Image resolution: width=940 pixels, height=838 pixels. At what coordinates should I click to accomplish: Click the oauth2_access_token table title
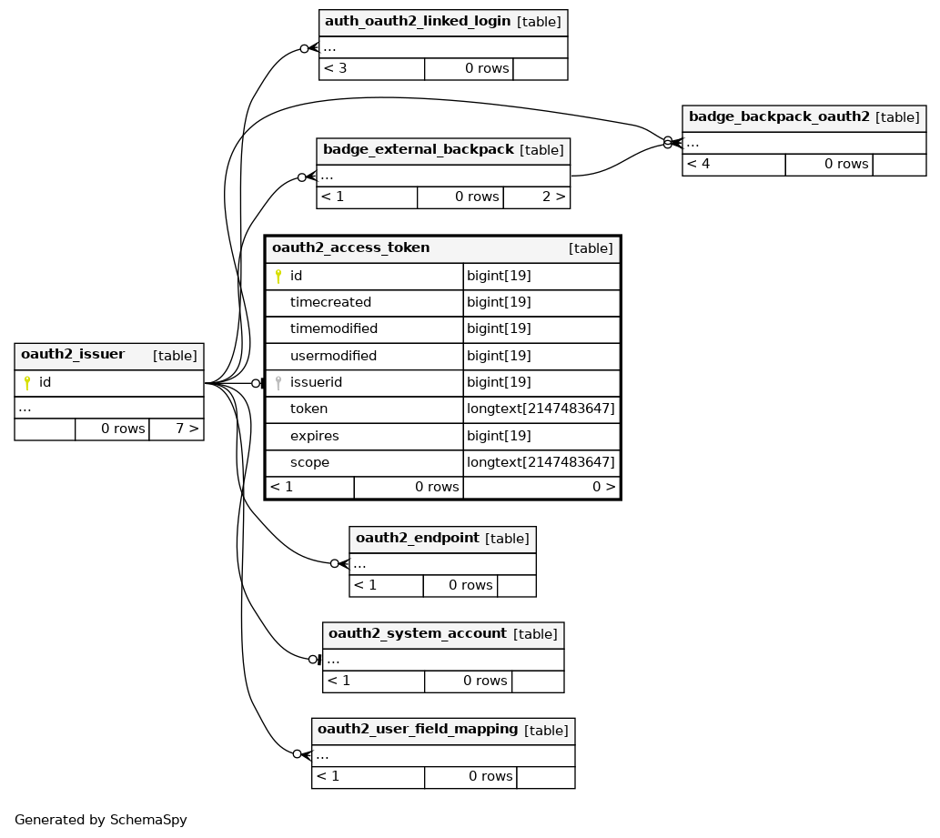350,247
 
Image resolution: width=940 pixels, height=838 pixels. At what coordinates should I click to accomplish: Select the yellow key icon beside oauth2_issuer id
27,382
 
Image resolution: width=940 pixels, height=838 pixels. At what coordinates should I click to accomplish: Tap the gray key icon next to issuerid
278,382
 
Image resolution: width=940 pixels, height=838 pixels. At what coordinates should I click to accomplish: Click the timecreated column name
330,302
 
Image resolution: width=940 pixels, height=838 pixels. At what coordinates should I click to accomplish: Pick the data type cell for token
541,409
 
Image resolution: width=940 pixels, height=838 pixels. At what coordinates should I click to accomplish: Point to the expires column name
314,436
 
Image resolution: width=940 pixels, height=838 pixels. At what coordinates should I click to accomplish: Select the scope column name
309,462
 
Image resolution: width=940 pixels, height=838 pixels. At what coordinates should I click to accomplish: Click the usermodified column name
333,356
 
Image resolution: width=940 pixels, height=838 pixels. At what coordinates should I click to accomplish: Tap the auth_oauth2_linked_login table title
418,21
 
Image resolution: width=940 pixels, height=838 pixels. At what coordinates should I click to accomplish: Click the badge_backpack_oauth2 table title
779,116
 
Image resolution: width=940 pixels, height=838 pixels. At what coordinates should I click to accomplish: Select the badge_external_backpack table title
419,149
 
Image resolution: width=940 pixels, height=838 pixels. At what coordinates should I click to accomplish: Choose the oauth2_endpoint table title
418,538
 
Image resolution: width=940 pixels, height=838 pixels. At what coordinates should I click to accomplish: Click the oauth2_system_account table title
418,633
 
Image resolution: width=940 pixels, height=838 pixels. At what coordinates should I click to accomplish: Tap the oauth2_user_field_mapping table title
418,729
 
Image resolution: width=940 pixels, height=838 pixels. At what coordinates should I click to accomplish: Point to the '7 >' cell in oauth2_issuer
177,429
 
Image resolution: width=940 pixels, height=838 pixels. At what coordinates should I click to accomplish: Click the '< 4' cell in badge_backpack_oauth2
733,165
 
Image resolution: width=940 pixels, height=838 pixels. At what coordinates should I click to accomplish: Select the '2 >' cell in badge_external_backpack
537,197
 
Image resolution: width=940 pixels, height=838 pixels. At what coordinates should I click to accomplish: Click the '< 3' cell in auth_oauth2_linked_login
371,68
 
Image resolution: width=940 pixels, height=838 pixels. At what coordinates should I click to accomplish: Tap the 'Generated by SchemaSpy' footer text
101,820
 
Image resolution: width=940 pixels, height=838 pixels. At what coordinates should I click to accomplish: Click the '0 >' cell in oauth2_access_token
541,487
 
